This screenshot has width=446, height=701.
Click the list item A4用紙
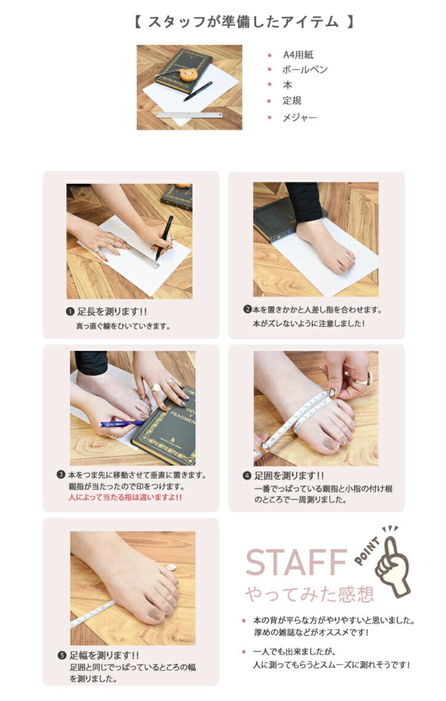[x=298, y=55]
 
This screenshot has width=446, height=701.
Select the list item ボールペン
[x=304, y=70]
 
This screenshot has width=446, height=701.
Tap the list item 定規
[x=292, y=101]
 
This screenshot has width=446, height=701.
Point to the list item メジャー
[x=299, y=118]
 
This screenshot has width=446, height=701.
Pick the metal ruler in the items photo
[x=189, y=114]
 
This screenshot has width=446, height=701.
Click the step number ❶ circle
[x=70, y=312]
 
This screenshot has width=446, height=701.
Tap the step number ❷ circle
[x=248, y=309]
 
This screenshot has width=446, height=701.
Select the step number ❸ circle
[x=61, y=475]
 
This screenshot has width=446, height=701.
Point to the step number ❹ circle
[x=247, y=476]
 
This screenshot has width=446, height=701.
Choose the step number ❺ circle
[x=62, y=656]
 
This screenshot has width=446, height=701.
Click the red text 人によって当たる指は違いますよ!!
[x=125, y=498]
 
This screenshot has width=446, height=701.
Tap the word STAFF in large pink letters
[x=296, y=562]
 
